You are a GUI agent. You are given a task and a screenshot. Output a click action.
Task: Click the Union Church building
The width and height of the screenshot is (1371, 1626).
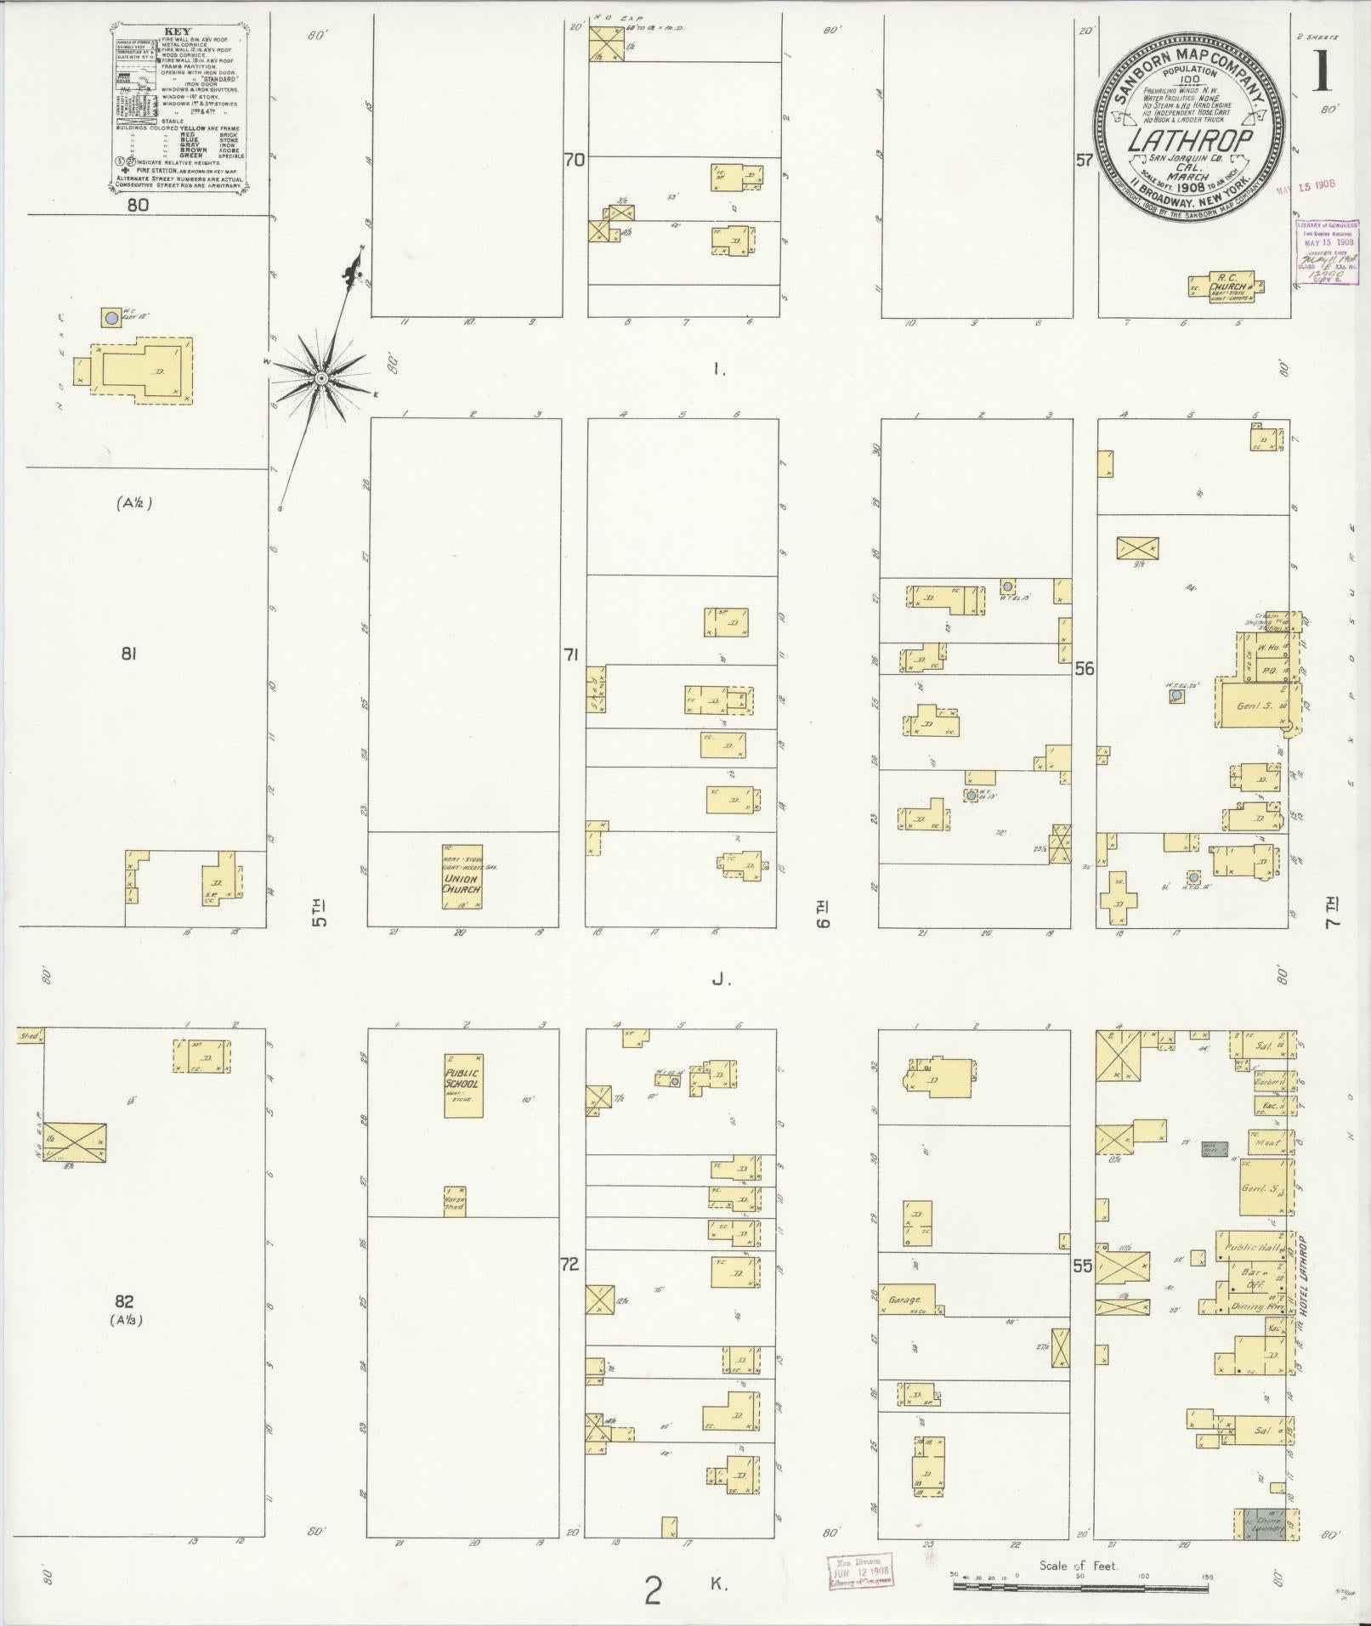462,876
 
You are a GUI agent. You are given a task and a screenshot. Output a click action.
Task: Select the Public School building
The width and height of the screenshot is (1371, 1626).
462,1085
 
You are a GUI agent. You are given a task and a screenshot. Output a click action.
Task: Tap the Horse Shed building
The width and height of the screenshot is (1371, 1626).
455,1200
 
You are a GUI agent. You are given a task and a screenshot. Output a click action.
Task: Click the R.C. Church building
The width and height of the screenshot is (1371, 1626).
1225,285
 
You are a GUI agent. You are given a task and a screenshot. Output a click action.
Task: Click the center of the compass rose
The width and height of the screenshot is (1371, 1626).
322,377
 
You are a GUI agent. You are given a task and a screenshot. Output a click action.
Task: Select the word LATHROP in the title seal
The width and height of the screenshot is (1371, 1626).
1190,139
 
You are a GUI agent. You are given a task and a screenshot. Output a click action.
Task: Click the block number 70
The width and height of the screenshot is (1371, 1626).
575,159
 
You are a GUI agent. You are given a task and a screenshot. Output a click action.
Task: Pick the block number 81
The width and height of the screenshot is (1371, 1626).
129,654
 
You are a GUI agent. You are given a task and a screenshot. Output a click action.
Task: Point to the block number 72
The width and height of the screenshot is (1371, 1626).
569,1288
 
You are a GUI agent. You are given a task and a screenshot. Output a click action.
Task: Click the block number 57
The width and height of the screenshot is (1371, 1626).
1084,159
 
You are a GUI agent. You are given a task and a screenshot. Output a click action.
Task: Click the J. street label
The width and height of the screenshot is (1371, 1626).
722,980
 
